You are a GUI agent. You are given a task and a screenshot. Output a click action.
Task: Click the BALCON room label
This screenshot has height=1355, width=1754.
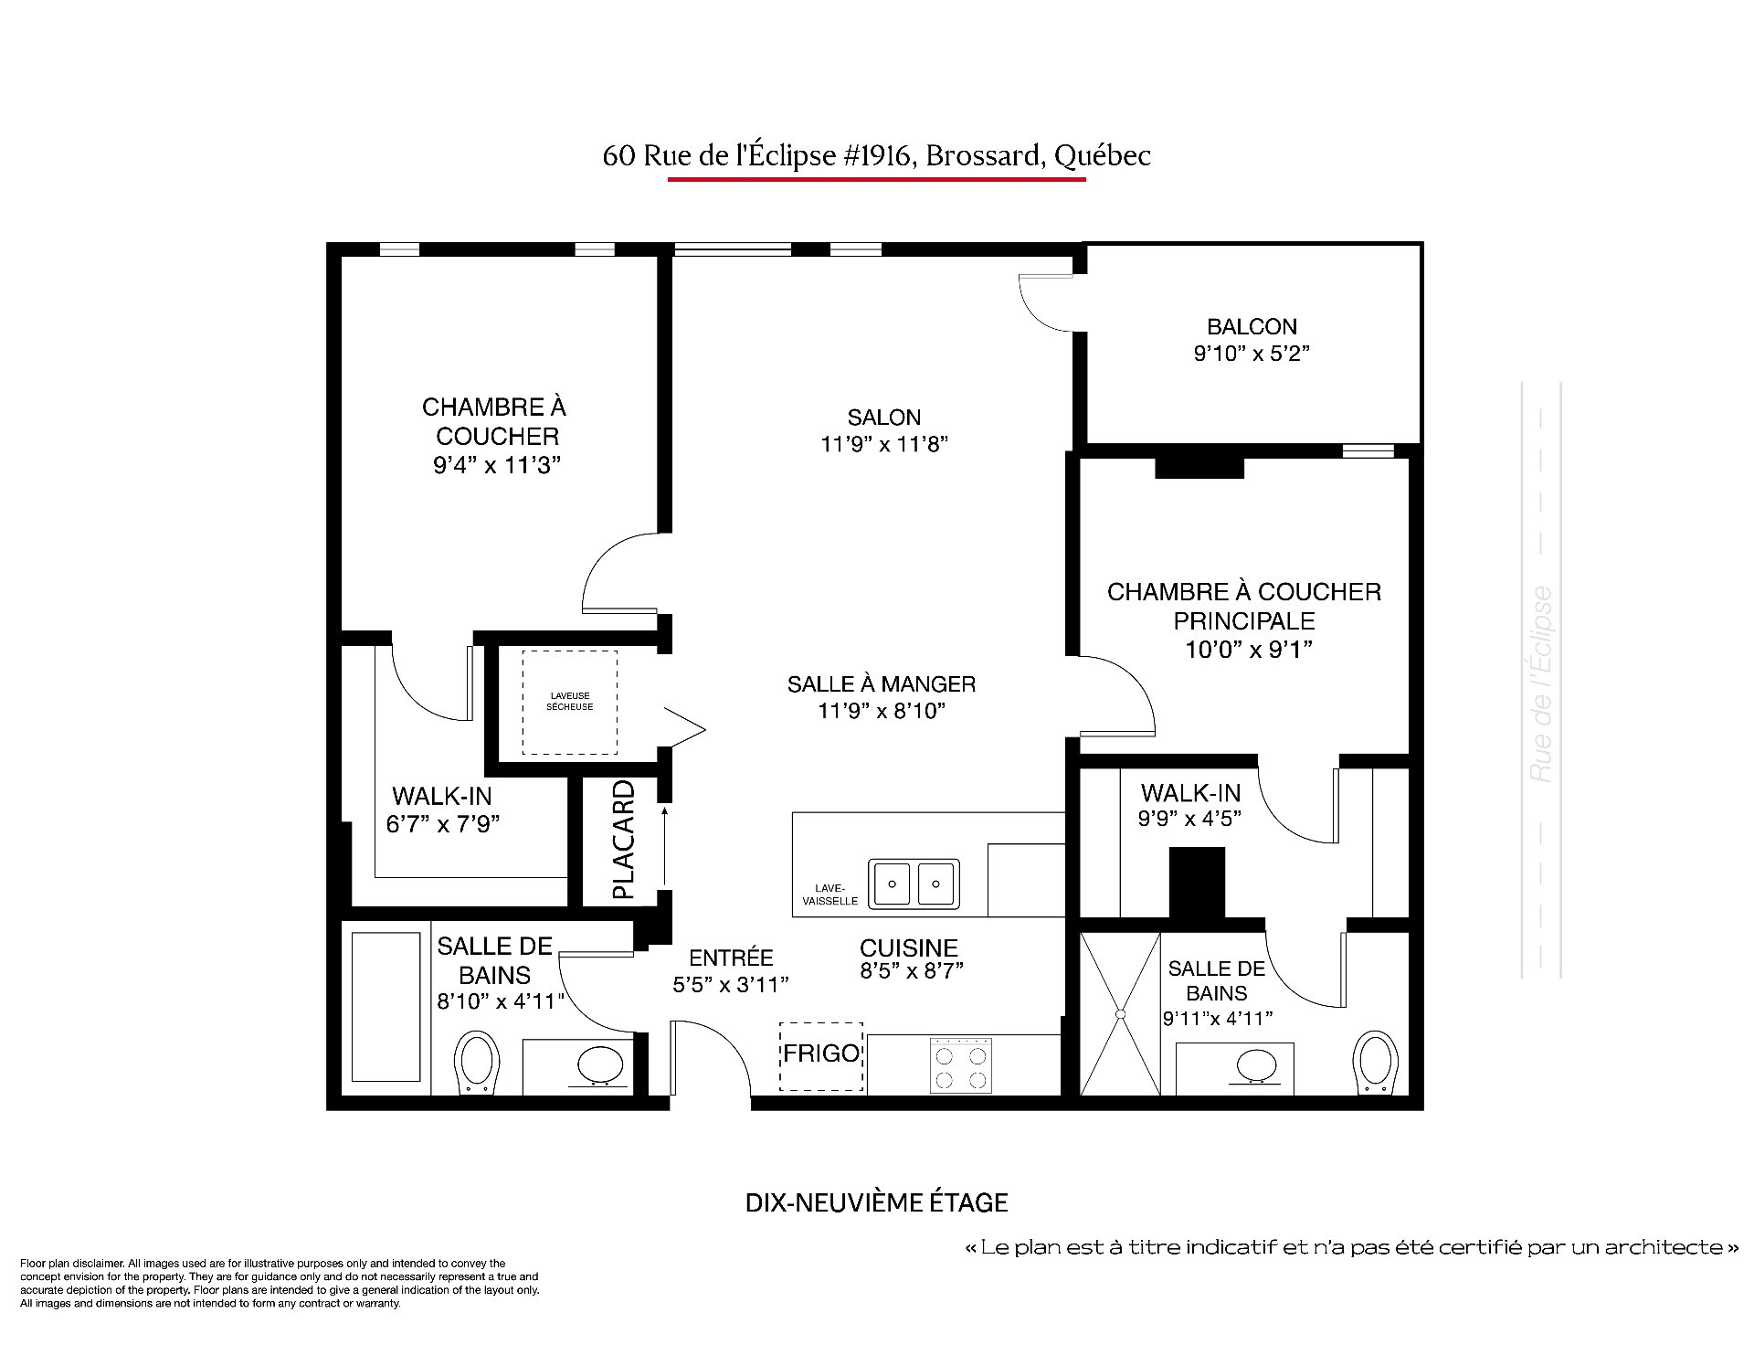(1252, 326)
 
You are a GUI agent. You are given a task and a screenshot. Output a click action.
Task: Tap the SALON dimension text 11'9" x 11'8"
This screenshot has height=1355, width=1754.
(884, 444)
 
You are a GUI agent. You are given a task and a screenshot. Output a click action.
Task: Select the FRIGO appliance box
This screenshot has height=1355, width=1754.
(821, 1056)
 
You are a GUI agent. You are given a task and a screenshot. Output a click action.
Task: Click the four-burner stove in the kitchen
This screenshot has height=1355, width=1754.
(961, 1065)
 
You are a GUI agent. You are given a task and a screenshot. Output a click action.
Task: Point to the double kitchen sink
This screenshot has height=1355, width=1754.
(914, 884)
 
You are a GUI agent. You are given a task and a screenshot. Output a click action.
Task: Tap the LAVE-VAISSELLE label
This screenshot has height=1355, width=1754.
(829, 895)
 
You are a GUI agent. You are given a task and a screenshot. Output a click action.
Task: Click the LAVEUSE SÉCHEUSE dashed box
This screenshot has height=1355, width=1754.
(570, 703)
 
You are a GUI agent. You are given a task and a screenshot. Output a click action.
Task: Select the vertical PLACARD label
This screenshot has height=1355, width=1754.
(623, 840)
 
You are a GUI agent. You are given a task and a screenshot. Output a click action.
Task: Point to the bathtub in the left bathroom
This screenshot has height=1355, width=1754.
(386, 1006)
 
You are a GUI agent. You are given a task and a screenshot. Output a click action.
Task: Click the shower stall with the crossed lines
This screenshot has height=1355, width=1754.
(1120, 1012)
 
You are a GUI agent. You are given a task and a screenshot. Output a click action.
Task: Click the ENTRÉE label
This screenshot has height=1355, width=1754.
(731, 958)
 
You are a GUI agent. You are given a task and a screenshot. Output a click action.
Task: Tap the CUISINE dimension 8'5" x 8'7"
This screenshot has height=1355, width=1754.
(912, 971)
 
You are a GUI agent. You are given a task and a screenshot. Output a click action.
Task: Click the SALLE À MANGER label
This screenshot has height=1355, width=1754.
(882, 683)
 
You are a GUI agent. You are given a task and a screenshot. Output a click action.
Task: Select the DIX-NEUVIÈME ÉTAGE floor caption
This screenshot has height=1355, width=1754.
(877, 1202)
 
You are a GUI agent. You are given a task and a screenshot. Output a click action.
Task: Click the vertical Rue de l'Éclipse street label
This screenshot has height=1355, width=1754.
(1540, 684)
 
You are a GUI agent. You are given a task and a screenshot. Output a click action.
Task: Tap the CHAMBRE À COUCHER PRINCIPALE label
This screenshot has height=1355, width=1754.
(1244, 606)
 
